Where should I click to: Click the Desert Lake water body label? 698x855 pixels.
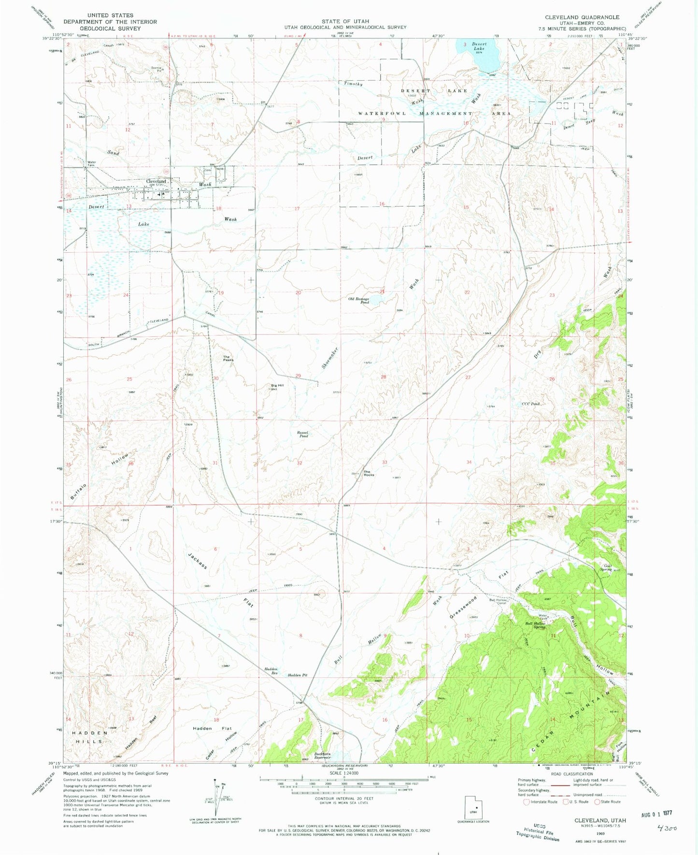click(479, 46)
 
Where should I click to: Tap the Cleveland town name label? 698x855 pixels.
click(157, 181)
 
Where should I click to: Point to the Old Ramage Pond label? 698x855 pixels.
click(359, 300)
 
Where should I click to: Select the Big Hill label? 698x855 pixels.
click(277, 386)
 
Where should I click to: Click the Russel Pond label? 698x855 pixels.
click(303, 434)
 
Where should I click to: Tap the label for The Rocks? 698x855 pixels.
click(369, 473)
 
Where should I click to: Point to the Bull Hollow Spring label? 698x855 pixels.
click(535, 623)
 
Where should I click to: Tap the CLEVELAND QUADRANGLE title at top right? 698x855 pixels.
click(582, 17)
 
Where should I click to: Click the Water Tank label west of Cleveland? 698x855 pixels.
click(91, 163)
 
